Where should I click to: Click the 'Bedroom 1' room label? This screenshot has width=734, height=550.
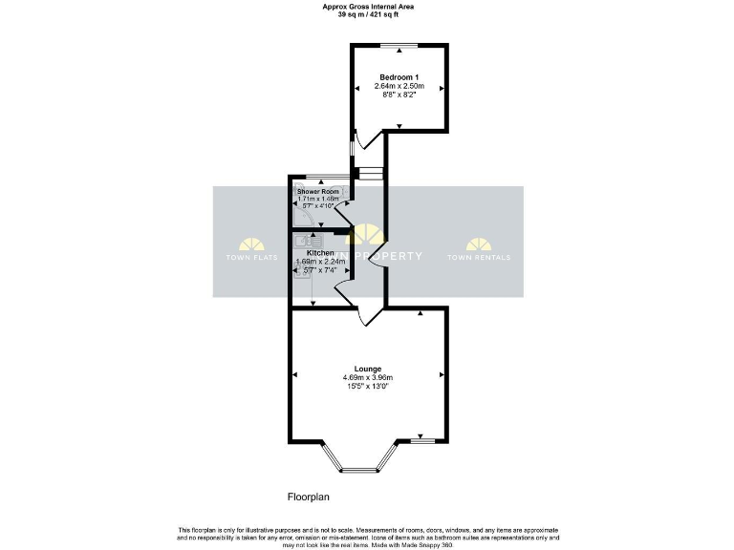coord(399,76)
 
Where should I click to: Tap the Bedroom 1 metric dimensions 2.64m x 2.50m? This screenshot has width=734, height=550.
coord(399,86)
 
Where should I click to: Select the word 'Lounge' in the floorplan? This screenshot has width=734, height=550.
coord(368,369)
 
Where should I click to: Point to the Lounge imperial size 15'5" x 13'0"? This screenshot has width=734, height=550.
coord(368,387)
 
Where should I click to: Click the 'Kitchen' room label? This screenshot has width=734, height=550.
coord(319,253)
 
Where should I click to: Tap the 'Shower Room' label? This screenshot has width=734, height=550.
coord(317,191)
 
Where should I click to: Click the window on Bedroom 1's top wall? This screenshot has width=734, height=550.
coord(399,46)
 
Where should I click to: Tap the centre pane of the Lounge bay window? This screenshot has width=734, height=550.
coord(359,470)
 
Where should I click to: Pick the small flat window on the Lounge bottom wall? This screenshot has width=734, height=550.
coord(422,441)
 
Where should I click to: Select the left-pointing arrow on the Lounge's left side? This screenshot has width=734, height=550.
coord(295,374)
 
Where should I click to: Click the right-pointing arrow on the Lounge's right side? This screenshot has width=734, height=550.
coord(441,374)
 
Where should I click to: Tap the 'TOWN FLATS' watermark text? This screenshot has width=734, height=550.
coord(250,258)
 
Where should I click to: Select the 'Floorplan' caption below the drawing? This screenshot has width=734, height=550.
coord(310,497)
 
